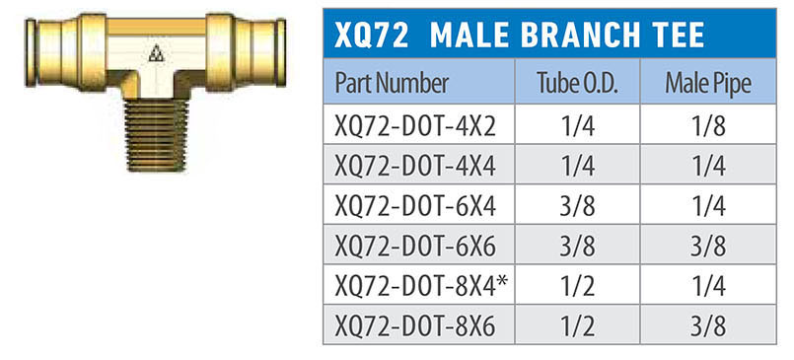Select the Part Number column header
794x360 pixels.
coord(392,84)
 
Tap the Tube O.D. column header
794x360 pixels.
coord(577,84)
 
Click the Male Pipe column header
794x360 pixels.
coord(708,84)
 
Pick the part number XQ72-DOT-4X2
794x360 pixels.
coord(415,126)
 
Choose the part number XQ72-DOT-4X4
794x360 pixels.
coord(415,166)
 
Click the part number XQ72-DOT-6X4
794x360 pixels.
coord(415,206)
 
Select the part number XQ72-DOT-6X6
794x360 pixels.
coord(415,246)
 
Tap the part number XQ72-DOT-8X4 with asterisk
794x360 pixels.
coord(421,286)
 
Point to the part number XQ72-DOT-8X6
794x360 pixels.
coord(415,325)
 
